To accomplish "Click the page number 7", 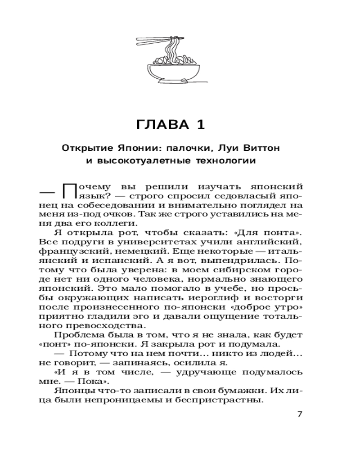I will pyautogui.click(x=301, y=414).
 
